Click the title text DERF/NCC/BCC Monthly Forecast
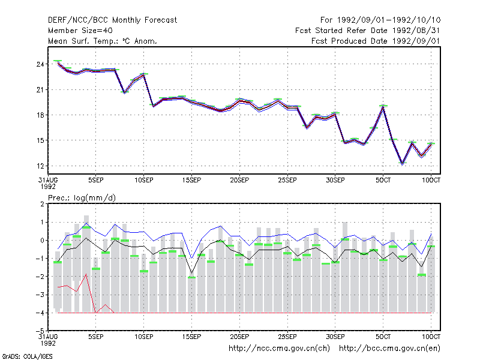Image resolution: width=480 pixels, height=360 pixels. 112,20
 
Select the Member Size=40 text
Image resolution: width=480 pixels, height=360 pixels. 80,31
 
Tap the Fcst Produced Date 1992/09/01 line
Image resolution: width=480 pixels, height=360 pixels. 376,41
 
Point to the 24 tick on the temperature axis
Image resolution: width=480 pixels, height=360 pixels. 40,64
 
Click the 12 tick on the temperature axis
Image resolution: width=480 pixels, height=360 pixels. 40,166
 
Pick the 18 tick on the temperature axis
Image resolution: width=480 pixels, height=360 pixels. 40,115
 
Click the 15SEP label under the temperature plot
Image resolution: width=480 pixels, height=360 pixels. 191,181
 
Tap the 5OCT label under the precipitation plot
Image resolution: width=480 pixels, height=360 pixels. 383,337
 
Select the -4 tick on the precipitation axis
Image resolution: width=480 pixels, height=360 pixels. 40,313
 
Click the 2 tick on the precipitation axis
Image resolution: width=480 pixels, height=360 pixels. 42,204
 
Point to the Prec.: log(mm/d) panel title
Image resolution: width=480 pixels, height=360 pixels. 82,198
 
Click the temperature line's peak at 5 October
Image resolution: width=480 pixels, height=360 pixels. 383,107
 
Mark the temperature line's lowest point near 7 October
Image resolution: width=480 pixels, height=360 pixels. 402,163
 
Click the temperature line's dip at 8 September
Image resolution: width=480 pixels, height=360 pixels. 124,92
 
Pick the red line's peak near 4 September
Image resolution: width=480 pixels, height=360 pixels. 86,274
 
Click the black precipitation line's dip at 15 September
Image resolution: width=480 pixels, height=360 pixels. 191,272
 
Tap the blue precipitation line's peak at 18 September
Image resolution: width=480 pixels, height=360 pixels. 220,226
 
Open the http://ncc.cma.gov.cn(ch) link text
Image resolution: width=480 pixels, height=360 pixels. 279,349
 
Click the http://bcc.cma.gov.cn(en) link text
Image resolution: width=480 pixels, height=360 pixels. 389,349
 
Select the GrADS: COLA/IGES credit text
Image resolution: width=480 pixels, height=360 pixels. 27,356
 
